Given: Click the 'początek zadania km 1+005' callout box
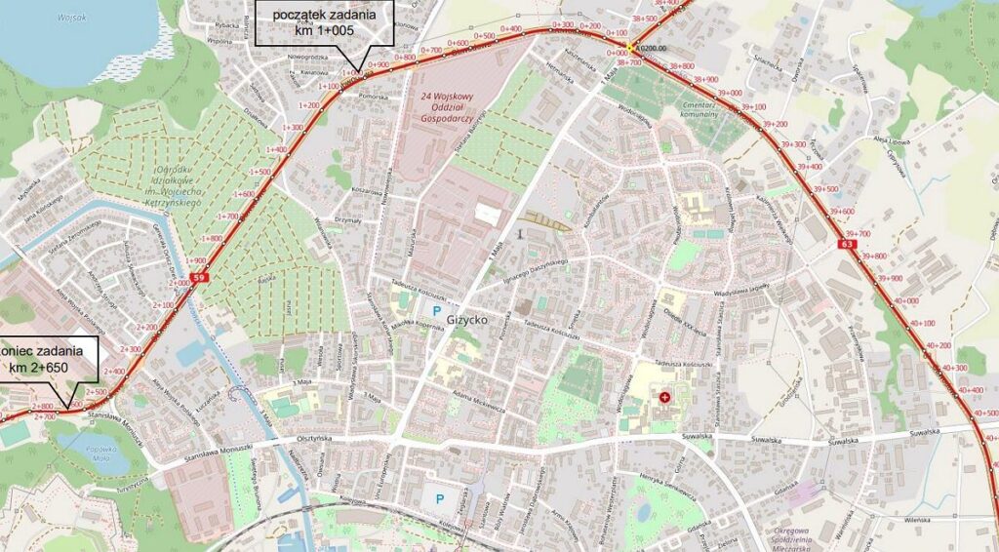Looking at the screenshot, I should pyautogui.click(x=324, y=23).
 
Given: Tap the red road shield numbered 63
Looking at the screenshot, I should pyautogui.click(x=842, y=244).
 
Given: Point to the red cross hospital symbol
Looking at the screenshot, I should pyautogui.click(x=665, y=397).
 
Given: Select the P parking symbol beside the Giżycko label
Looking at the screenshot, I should pyautogui.click(x=436, y=312).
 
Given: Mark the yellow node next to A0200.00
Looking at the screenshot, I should pyautogui.click(x=632, y=47).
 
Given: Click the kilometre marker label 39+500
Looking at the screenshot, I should pyautogui.click(x=825, y=189).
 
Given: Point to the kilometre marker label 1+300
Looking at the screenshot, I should pyautogui.click(x=291, y=128).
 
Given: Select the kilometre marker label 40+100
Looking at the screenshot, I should pyautogui.click(x=922, y=323).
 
